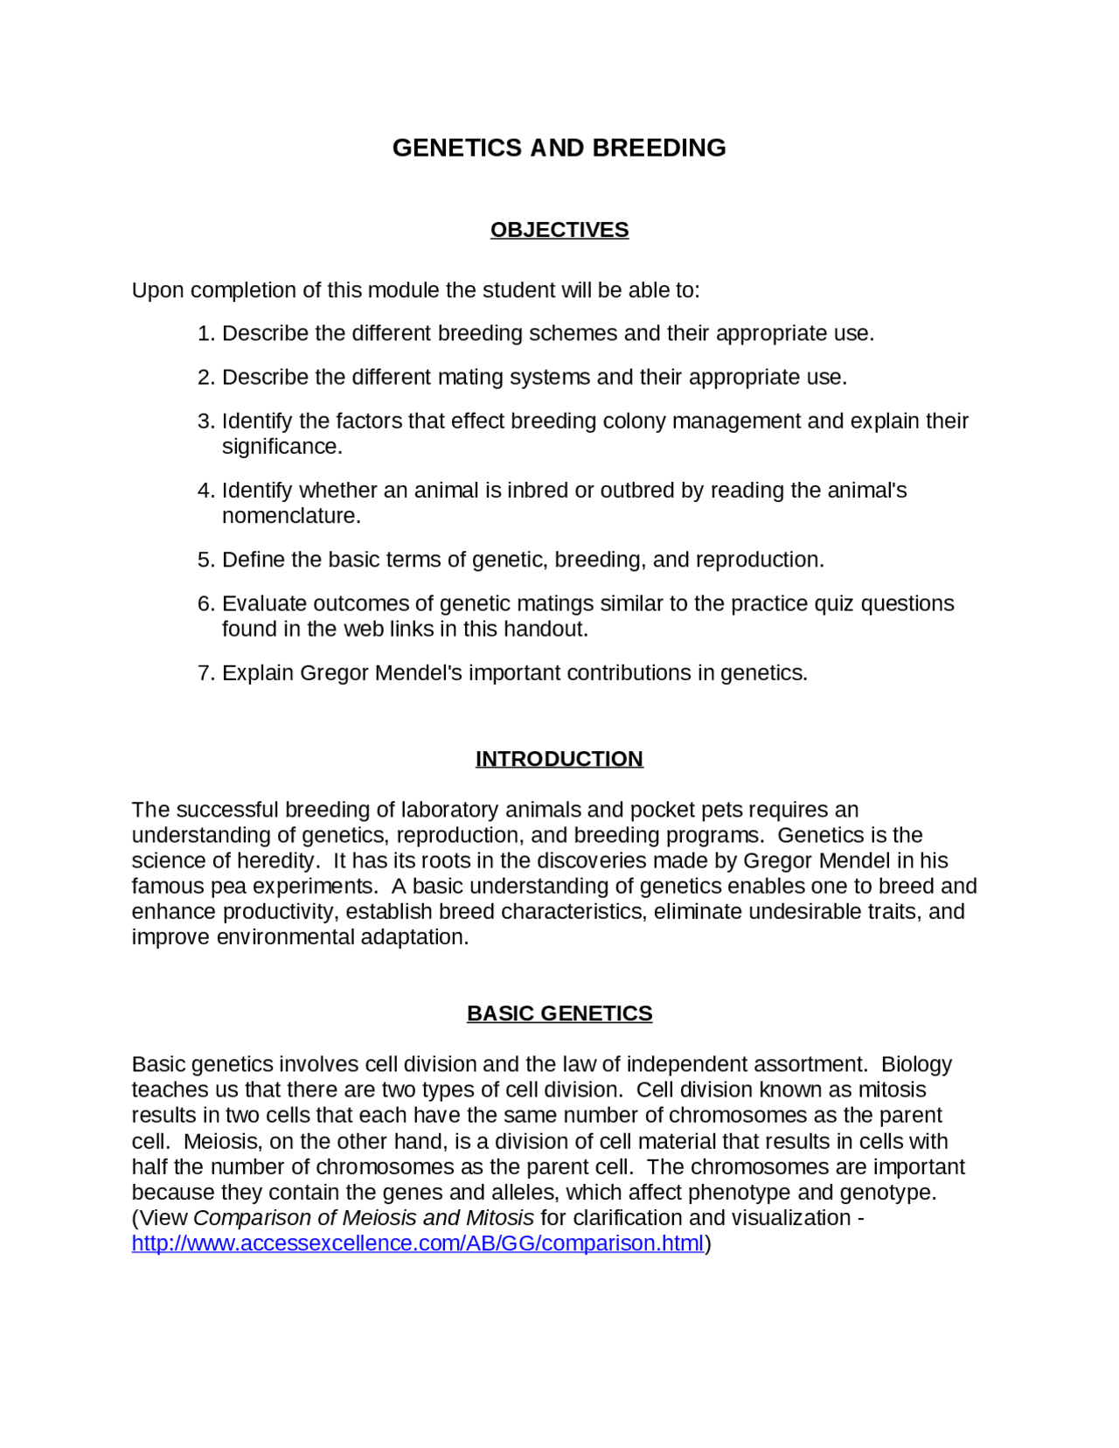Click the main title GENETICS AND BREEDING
559,148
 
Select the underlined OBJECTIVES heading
559,230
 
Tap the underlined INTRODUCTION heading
559,759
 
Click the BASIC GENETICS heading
559,1013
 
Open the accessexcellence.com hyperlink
417,1243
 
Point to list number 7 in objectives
205,673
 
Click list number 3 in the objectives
205,421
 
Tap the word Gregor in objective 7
334,673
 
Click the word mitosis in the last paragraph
891,1090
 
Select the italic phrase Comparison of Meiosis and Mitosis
363,1218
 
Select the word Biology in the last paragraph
916,1065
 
